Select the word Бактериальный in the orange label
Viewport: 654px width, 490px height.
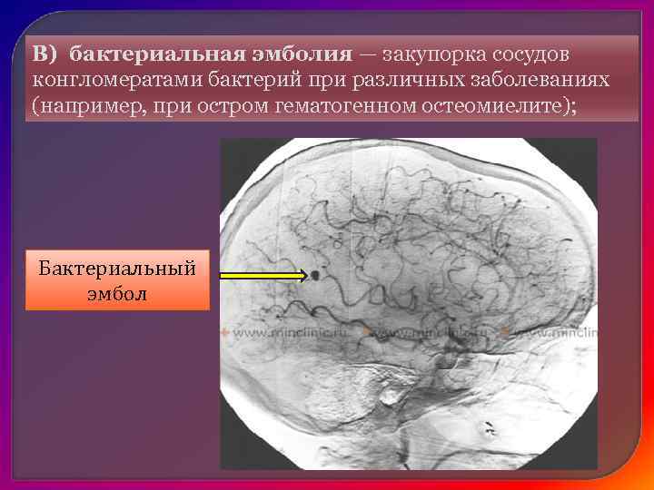click(117, 270)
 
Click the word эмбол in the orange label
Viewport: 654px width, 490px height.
click(117, 294)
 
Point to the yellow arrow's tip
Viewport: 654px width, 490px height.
click(304, 274)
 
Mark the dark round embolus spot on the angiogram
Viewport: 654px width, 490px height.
click(314, 274)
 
